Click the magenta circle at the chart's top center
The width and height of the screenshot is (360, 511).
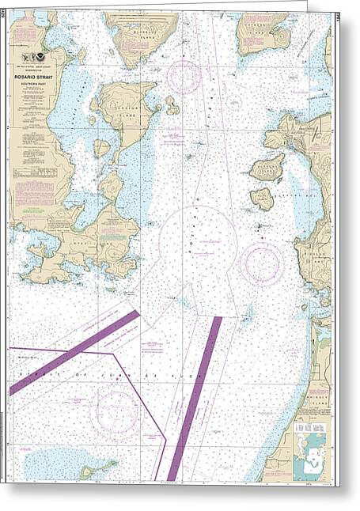click(184, 76)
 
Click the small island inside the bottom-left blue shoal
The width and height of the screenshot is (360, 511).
click(86, 472)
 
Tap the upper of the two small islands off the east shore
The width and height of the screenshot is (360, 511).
click(267, 168)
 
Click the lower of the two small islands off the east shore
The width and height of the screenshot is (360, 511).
click(262, 198)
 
